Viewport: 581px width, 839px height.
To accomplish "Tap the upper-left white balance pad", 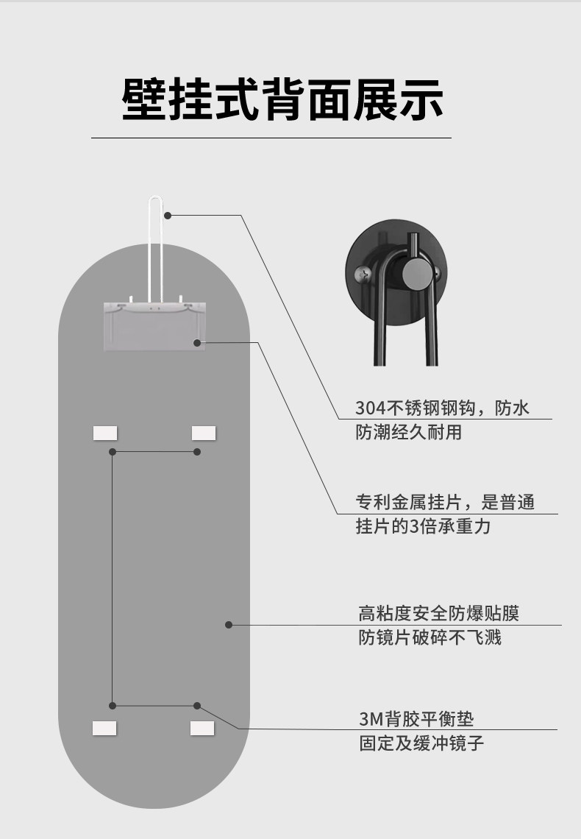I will pos(105,433).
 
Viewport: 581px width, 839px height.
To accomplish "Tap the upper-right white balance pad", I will pos(204,433).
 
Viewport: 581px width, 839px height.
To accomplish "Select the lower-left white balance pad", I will pos(104,728).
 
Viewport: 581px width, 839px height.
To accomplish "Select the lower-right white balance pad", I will pos(202,728).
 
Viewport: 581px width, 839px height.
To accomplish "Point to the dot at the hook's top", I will pos(168,215).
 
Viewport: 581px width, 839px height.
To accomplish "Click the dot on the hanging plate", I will pos(197,342).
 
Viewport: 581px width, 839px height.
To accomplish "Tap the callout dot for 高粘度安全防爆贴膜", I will pos(229,625).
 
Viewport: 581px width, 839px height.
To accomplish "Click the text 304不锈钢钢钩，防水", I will pos(442,408).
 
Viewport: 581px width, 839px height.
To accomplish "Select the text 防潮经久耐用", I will pos(409,432).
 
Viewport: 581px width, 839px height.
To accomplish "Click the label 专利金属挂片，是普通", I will pos(445,503).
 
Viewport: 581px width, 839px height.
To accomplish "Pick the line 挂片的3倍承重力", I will pos(423,527).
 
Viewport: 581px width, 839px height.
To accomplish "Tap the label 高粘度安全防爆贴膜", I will pos(439,613).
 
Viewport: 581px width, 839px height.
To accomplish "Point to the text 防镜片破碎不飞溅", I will pos(430,637).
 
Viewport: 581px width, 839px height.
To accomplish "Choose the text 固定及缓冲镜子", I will pos(421,743).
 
